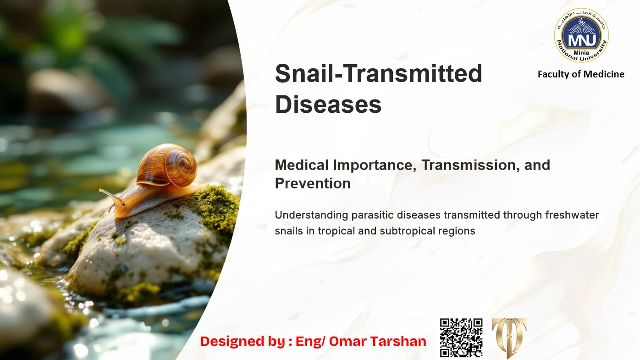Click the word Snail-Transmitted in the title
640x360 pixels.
[378, 74]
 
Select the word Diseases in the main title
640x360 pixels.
[328, 105]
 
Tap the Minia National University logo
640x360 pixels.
[581, 35]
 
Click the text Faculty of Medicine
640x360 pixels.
[581, 74]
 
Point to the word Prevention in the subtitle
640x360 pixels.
[313, 183]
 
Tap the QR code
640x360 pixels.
[461, 338]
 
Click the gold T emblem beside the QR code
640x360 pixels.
[509, 338]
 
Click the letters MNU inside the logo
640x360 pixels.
[581, 37]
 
